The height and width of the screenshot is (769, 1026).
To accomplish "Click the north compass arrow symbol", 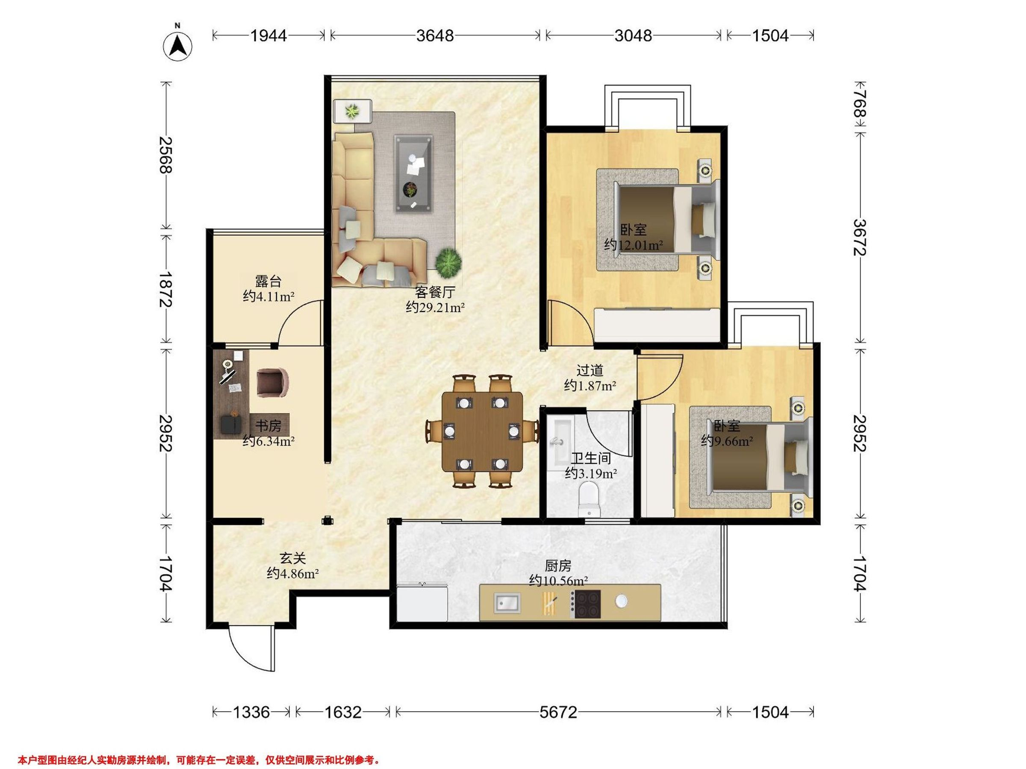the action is point(178,45).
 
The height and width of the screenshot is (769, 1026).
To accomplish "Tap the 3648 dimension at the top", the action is point(435,35).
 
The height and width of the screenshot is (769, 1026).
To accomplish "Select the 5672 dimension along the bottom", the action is point(558,712).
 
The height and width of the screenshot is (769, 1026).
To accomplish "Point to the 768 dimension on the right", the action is point(860,104).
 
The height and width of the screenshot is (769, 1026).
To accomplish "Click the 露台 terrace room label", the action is point(268,282).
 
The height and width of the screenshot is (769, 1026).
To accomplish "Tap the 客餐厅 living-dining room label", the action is point(435,292).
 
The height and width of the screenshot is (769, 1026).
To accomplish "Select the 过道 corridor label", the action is point(590,370).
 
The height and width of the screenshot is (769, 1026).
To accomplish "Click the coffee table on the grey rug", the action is point(413,174).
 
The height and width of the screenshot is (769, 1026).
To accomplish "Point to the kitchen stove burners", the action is point(587,604).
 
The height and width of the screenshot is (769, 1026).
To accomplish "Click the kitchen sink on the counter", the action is point(507,603).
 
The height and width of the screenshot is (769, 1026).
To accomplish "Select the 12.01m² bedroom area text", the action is point(633,245).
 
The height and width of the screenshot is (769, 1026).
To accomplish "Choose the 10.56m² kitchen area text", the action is point(558,580).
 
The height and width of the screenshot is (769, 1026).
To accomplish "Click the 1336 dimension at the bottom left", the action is point(251,712).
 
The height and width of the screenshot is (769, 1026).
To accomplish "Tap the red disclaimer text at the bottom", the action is point(199,760).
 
